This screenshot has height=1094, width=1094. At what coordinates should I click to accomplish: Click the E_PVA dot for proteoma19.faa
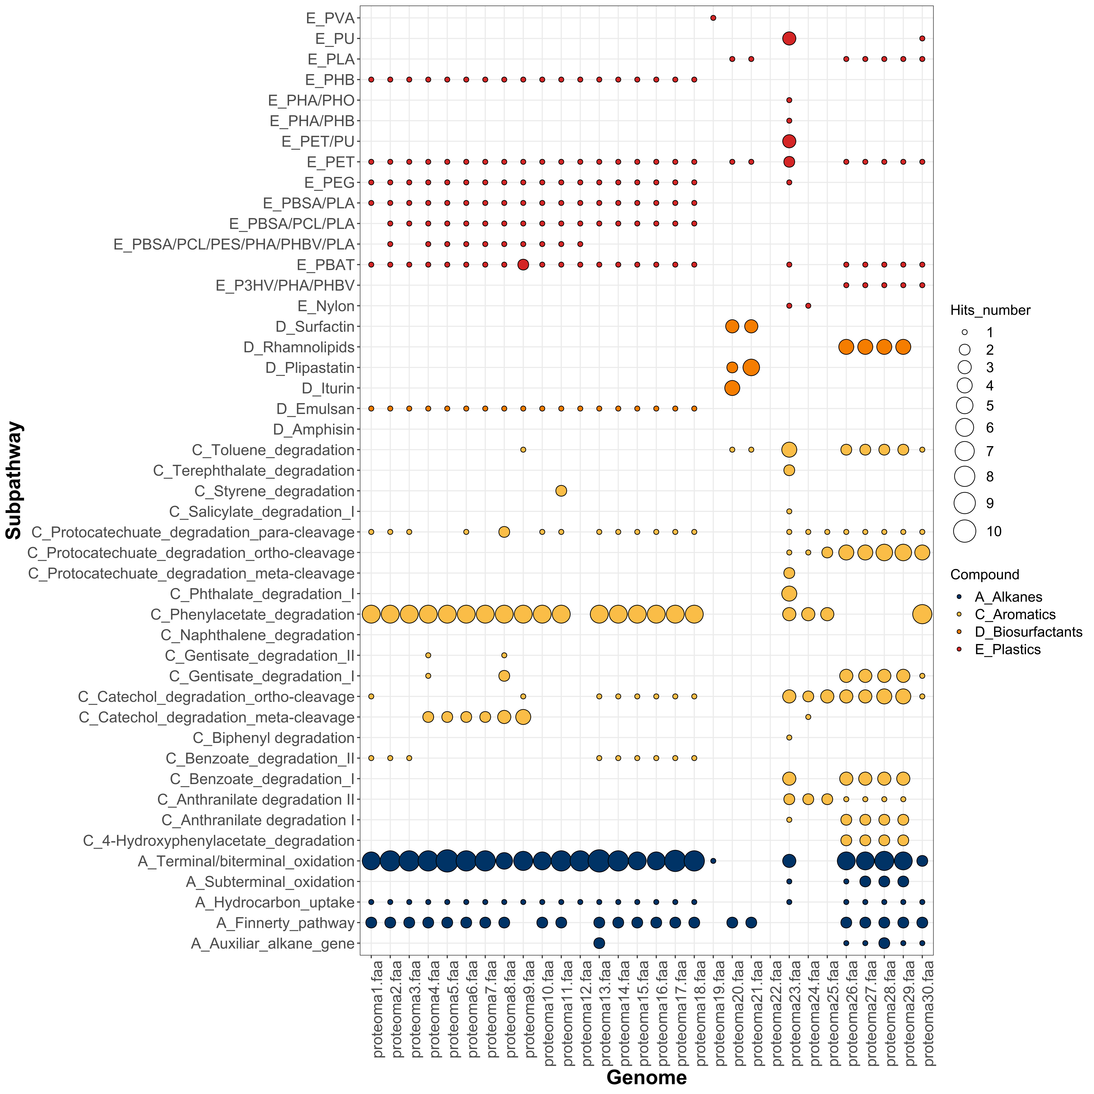(x=713, y=18)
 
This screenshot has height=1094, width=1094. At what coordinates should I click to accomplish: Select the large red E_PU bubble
(x=789, y=38)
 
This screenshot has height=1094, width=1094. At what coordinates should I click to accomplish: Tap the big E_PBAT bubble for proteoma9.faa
(x=523, y=265)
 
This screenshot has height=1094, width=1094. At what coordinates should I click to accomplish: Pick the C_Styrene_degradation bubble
(x=561, y=491)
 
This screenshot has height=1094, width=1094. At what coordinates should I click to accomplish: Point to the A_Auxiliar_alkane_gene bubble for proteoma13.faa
(x=599, y=943)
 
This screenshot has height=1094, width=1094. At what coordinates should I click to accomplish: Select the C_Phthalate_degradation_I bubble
(x=789, y=593)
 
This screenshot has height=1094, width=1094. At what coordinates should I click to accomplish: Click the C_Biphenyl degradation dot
(x=789, y=737)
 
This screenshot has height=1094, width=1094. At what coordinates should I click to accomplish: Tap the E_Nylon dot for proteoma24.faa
(x=808, y=306)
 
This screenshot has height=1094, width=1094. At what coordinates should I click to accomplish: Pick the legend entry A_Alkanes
(x=1008, y=597)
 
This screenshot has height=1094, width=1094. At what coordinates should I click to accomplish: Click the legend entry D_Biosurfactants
(x=1028, y=632)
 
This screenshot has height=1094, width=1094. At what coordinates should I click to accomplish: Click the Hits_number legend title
(x=990, y=310)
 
